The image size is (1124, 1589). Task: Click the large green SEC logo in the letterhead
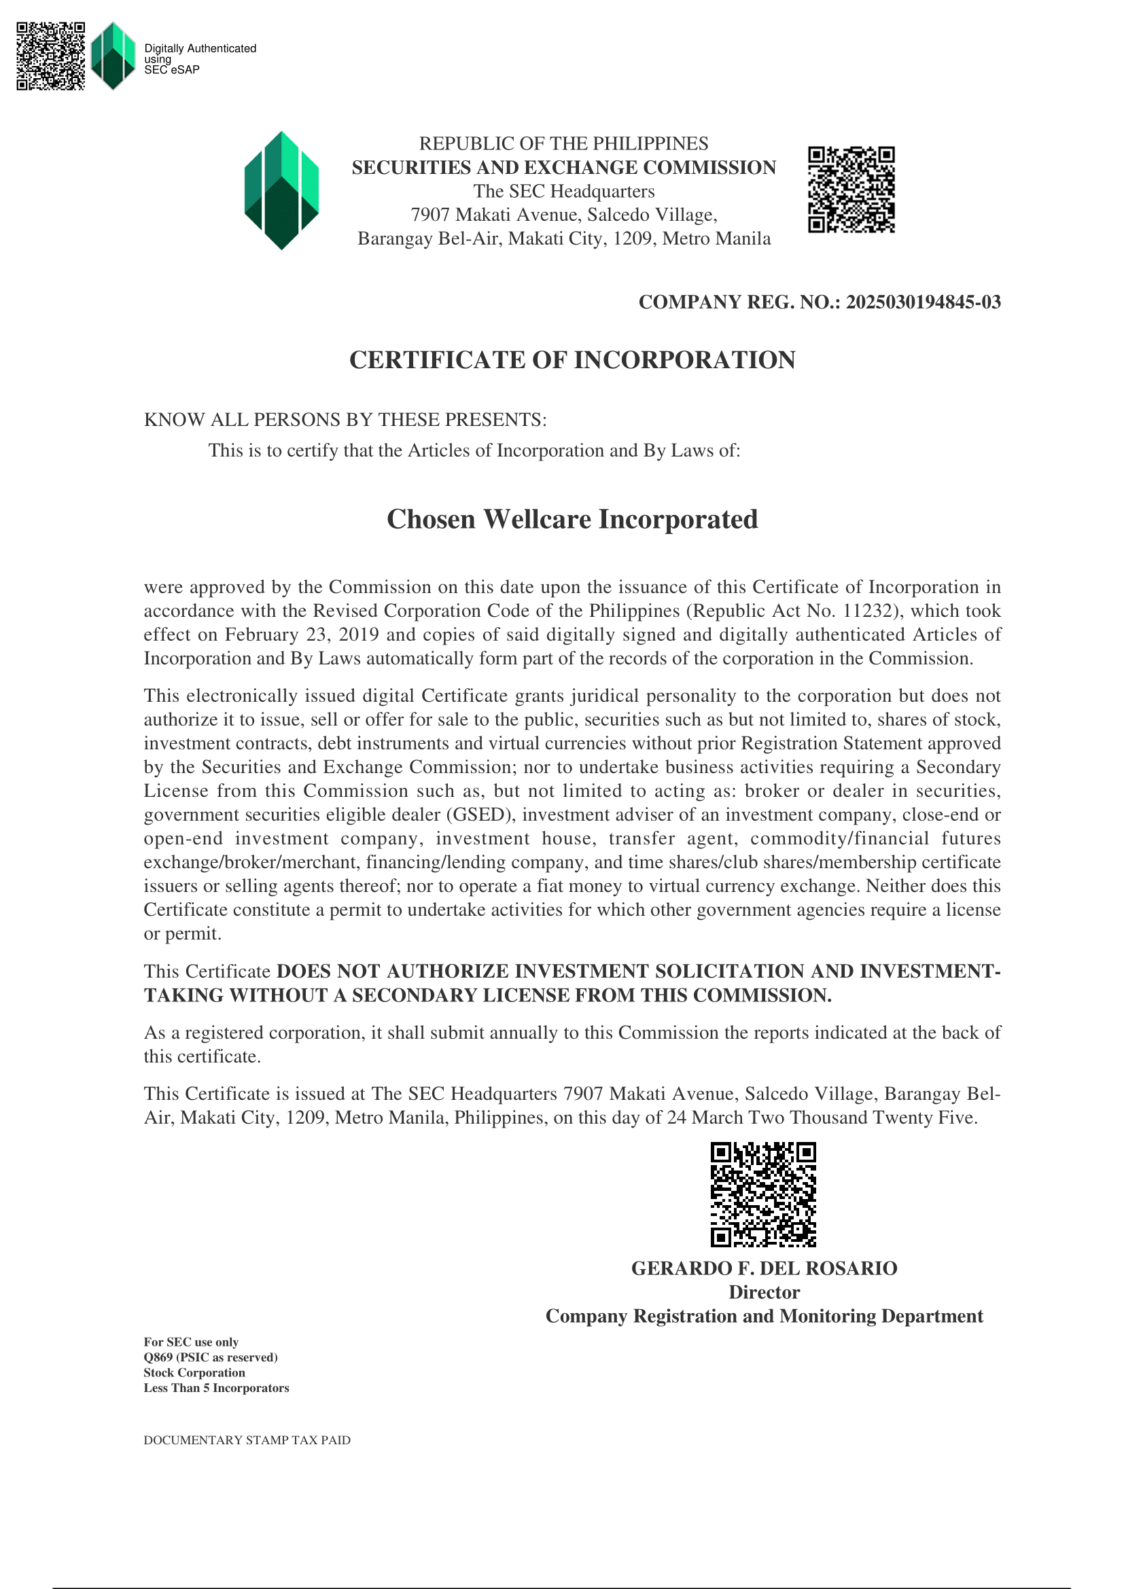(281, 190)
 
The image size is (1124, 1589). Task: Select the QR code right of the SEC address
(851, 190)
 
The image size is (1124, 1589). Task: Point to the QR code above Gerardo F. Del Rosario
(762, 1194)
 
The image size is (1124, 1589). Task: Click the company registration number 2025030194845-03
(923, 302)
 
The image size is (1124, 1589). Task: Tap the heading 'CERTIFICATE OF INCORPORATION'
(572, 360)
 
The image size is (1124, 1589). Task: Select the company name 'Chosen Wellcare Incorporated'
(572, 520)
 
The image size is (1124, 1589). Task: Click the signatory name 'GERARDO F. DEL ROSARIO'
(763, 1268)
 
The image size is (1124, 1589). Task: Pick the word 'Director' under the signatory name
(763, 1292)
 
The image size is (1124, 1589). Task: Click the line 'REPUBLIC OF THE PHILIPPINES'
(563, 143)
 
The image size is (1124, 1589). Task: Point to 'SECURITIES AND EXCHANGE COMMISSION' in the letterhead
(563, 168)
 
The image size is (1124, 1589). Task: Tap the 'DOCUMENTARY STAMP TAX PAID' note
(247, 1440)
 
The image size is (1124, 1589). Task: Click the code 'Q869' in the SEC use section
(158, 1357)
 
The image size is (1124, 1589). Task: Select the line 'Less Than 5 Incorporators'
(216, 1388)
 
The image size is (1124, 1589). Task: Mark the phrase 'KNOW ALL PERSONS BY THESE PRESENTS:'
(345, 420)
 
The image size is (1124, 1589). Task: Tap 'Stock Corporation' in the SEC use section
(194, 1372)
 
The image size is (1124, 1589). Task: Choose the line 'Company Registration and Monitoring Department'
(763, 1316)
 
